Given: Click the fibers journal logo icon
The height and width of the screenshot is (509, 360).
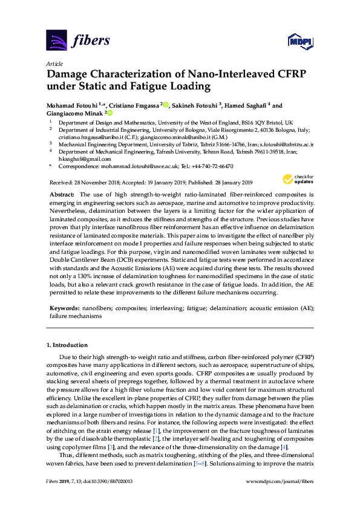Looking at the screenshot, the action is click(x=56, y=41).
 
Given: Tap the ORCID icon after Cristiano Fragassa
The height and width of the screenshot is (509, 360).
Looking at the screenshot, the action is click(x=166, y=105).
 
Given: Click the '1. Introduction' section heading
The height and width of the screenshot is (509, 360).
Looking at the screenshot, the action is click(x=67, y=345).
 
